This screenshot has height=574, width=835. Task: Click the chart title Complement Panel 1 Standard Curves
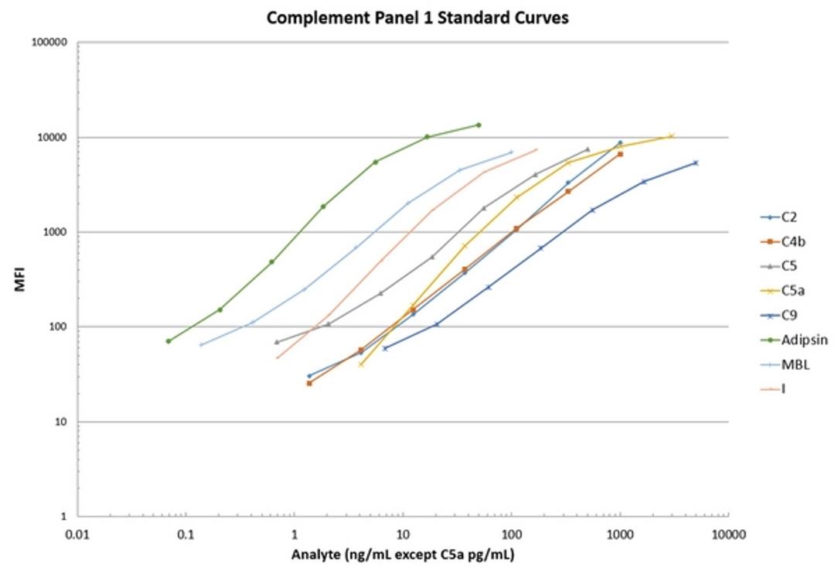(417, 17)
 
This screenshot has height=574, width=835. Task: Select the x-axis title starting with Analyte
(403, 555)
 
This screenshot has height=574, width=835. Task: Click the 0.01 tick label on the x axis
(77, 535)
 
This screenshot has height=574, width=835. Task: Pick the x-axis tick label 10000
(727, 535)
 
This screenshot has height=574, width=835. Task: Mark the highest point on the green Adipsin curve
(479, 125)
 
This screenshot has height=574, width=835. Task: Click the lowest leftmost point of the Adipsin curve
(169, 341)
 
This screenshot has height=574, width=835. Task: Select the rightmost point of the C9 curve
(695, 162)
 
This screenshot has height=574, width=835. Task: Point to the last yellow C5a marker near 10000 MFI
(671, 136)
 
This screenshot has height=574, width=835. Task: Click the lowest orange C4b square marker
(309, 383)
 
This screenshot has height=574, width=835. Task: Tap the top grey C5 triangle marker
(588, 149)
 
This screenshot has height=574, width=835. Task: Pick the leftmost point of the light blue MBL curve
(201, 345)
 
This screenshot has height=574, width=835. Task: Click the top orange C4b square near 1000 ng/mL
(620, 154)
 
